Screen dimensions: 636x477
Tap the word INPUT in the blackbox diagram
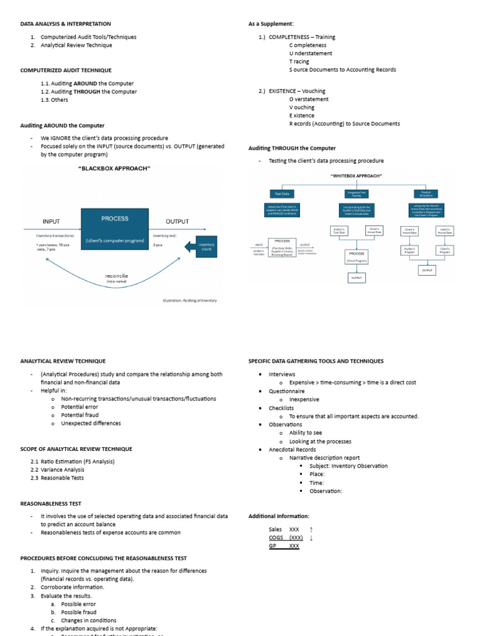click(x=52, y=221)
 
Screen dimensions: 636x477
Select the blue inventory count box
click(x=206, y=247)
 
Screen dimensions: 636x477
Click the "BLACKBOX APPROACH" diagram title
click(x=114, y=168)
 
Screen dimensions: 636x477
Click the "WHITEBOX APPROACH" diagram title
click(x=356, y=176)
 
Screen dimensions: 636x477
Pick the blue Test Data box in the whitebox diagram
click(x=282, y=194)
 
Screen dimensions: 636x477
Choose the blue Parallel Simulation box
click(x=426, y=194)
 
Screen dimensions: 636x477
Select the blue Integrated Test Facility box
click(x=356, y=194)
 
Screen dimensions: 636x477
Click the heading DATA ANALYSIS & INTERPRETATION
click(x=61, y=24)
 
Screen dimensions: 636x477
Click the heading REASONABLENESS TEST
click(x=51, y=503)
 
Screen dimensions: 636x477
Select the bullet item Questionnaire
click(x=286, y=391)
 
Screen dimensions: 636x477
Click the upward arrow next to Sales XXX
click(x=311, y=529)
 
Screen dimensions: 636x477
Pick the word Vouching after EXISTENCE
click(x=314, y=91)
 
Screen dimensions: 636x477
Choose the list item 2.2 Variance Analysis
click(x=57, y=470)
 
